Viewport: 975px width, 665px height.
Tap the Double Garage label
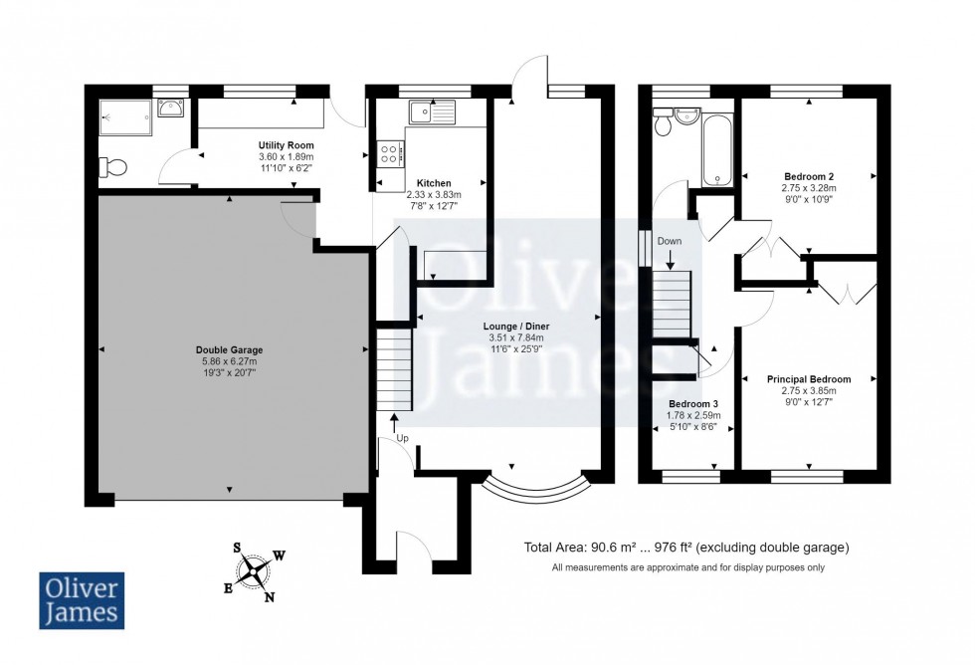click(230, 350)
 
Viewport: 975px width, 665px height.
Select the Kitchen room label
click(434, 183)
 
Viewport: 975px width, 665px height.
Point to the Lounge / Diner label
click(516, 327)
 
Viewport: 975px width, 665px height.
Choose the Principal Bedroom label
click(809, 379)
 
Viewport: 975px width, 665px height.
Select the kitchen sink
click(432, 111)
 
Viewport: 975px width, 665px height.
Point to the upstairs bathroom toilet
click(663, 122)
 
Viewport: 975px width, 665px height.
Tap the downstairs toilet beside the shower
click(113, 167)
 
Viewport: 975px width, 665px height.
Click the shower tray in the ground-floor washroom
click(125, 116)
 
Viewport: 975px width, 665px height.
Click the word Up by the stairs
click(402, 439)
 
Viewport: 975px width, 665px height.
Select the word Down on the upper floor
click(670, 241)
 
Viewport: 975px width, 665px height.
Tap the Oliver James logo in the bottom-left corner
click(82, 600)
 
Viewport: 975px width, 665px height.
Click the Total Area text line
click(686, 549)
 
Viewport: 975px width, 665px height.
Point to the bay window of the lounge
click(535, 492)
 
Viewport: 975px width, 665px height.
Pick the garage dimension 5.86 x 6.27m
click(230, 361)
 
